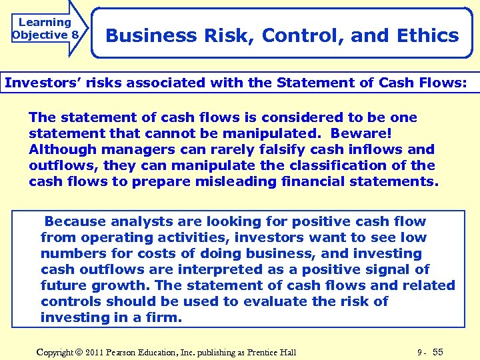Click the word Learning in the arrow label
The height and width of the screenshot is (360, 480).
click(x=45, y=22)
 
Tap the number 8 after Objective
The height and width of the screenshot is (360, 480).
click(x=75, y=35)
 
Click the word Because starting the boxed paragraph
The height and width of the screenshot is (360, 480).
click(x=75, y=221)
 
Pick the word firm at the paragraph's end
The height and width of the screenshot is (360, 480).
click(x=163, y=317)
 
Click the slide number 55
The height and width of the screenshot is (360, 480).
click(x=438, y=351)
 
